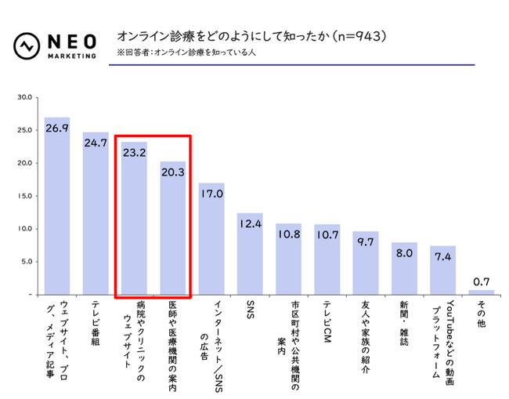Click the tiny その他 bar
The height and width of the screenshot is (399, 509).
(481, 292)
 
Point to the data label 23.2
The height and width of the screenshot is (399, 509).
(134, 153)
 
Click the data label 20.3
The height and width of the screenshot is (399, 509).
(172, 172)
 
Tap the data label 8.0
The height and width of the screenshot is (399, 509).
(404, 253)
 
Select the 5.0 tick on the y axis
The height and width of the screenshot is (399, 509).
(23, 262)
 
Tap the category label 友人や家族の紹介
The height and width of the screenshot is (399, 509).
(365, 333)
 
